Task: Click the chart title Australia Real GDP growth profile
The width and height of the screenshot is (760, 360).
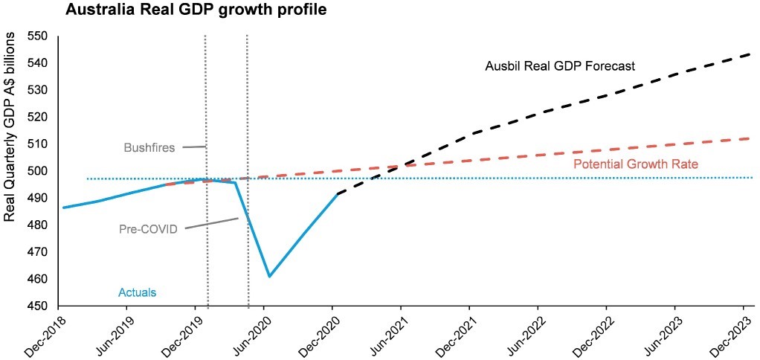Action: [185, 11]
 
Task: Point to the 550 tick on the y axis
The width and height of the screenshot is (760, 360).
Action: [37, 36]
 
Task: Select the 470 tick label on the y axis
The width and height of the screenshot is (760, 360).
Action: [37, 252]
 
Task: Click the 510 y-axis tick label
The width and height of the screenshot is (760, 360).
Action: [37, 144]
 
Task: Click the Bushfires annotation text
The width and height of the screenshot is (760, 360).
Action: [149, 147]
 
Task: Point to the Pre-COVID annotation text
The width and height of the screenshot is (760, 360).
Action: [149, 229]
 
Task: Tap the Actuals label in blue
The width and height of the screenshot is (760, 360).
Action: [138, 292]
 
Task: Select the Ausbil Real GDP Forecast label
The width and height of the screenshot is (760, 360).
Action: [559, 65]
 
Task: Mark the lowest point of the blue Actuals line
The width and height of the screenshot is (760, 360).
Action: [269, 276]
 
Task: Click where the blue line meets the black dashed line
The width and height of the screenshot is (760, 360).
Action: [338, 194]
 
